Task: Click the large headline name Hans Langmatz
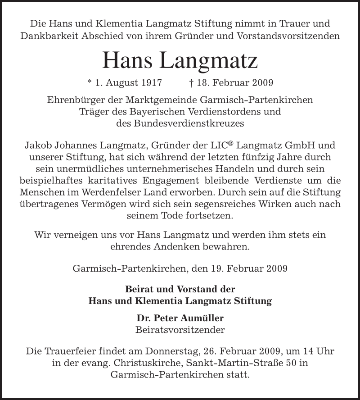(x=180, y=60)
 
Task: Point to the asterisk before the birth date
(x=90, y=82)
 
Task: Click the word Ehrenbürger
(x=75, y=100)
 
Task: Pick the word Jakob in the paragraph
(x=36, y=145)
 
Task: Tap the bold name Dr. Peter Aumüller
(x=180, y=318)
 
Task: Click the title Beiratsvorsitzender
(x=180, y=330)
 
